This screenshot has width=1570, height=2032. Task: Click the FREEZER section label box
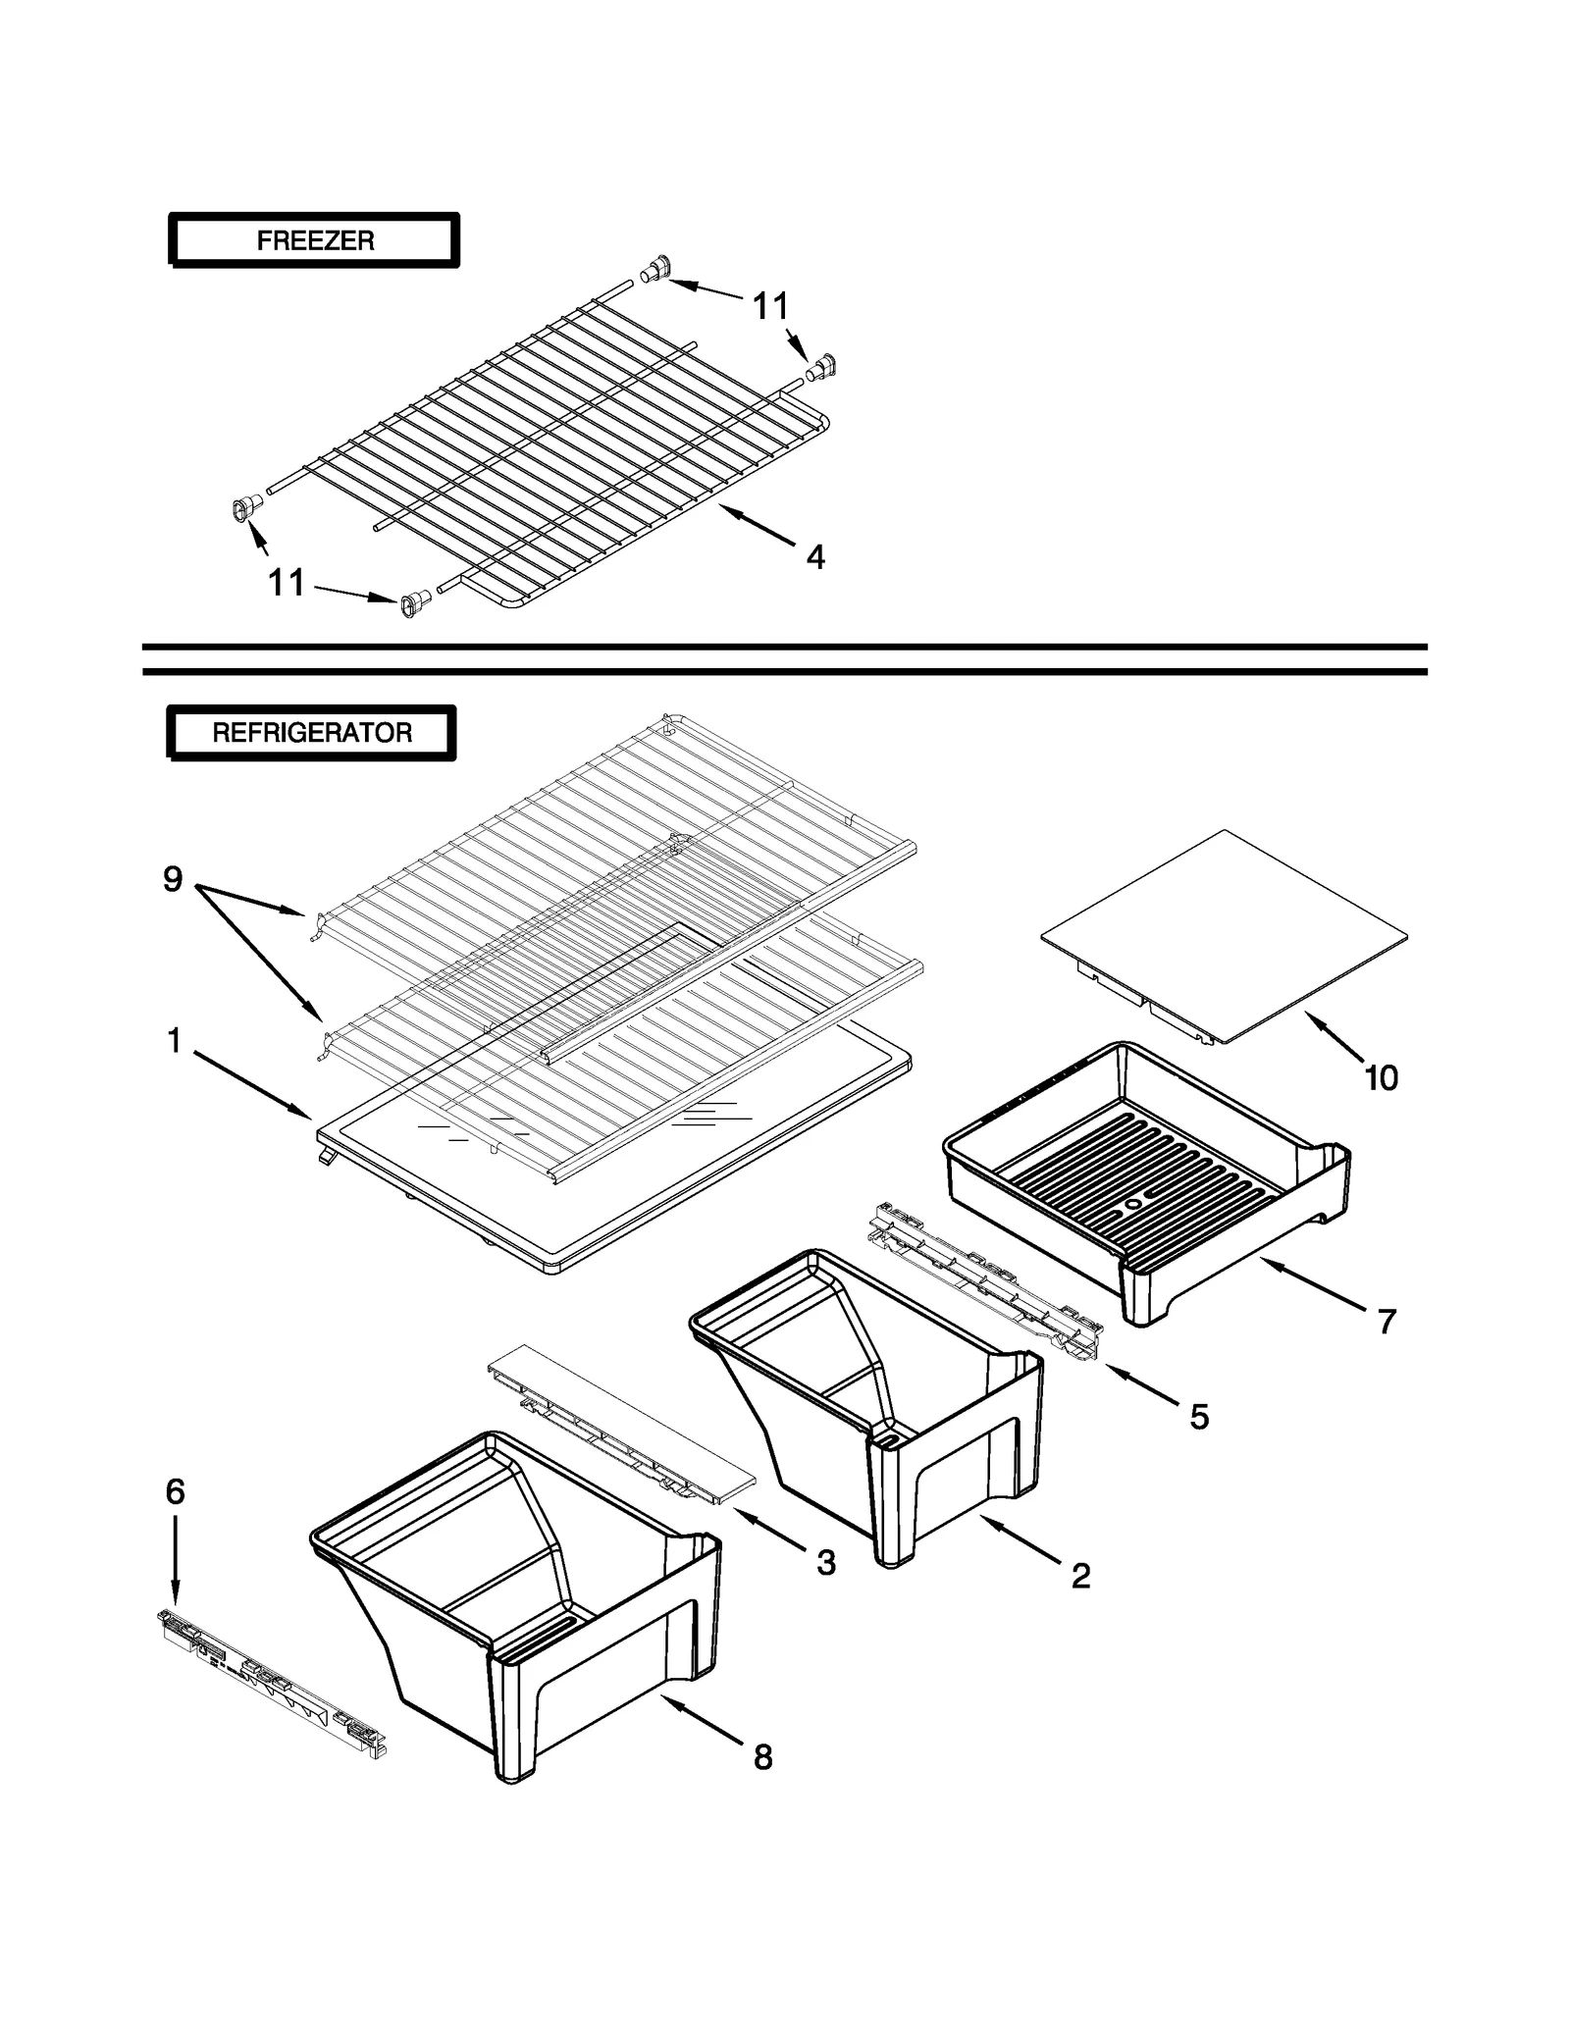pos(314,240)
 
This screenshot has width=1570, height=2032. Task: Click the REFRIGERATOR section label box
pos(311,733)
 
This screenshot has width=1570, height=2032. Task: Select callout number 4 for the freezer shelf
pos(814,557)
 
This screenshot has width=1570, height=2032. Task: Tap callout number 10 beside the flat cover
pos(1380,1078)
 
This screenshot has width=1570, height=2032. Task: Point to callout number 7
pos(1386,1322)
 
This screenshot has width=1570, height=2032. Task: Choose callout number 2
pos(1079,1576)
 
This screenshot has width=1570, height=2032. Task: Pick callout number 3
pos(826,1563)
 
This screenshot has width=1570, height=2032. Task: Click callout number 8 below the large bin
pos(762,1757)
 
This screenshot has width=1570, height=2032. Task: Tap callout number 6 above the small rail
pos(175,1492)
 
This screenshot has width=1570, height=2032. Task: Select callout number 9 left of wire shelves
pos(173,879)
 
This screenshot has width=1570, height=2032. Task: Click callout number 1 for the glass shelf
pos(174,1040)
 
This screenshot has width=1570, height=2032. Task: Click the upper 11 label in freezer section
pos(770,307)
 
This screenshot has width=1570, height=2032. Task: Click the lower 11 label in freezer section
pos(287,583)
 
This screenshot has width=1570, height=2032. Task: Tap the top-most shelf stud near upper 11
pos(655,268)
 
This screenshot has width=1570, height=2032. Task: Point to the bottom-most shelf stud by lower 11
pos(414,602)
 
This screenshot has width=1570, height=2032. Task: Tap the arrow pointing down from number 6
pos(175,1560)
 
